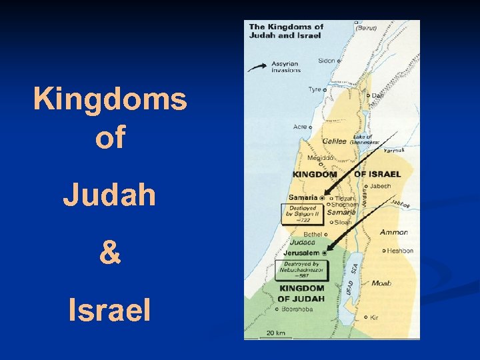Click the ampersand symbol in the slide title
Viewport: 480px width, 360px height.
(110, 253)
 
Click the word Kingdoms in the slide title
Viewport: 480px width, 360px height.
(110, 100)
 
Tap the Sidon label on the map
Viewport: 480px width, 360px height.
(327, 61)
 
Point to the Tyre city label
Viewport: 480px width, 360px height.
(314, 89)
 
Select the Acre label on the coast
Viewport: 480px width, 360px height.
(300, 127)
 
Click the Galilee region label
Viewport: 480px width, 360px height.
(334, 141)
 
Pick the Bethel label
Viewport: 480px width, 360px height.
(312, 234)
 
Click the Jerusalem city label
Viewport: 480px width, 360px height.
(301, 253)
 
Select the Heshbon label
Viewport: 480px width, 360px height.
(400, 251)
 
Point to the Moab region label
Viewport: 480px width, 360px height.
(381, 283)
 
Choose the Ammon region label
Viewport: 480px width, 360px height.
(393, 232)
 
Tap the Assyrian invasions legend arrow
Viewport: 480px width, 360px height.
(259, 66)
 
